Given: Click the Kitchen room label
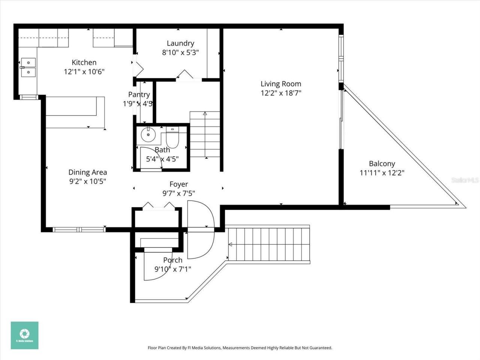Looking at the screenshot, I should [84, 62].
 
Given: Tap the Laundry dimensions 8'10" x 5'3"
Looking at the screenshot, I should [180, 52].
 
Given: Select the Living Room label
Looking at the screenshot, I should [281, 84].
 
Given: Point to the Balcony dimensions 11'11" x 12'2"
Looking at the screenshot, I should [382, 173].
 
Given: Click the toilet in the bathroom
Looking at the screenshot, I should [172, 138].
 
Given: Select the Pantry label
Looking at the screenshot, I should [139, 94].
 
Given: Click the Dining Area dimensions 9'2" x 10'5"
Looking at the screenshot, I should [87, 181].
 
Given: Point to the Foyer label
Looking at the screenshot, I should [178, 184].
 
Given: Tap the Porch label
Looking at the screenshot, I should [172, 260].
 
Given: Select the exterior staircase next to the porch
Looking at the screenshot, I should [268, 244].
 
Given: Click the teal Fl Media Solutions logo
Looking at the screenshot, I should [24, 335].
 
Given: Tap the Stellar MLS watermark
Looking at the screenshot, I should [465, 180].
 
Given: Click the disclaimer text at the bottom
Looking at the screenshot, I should [240, 348].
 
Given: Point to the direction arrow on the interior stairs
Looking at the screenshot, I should [205, 113].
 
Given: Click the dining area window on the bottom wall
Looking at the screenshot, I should [79, 229].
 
